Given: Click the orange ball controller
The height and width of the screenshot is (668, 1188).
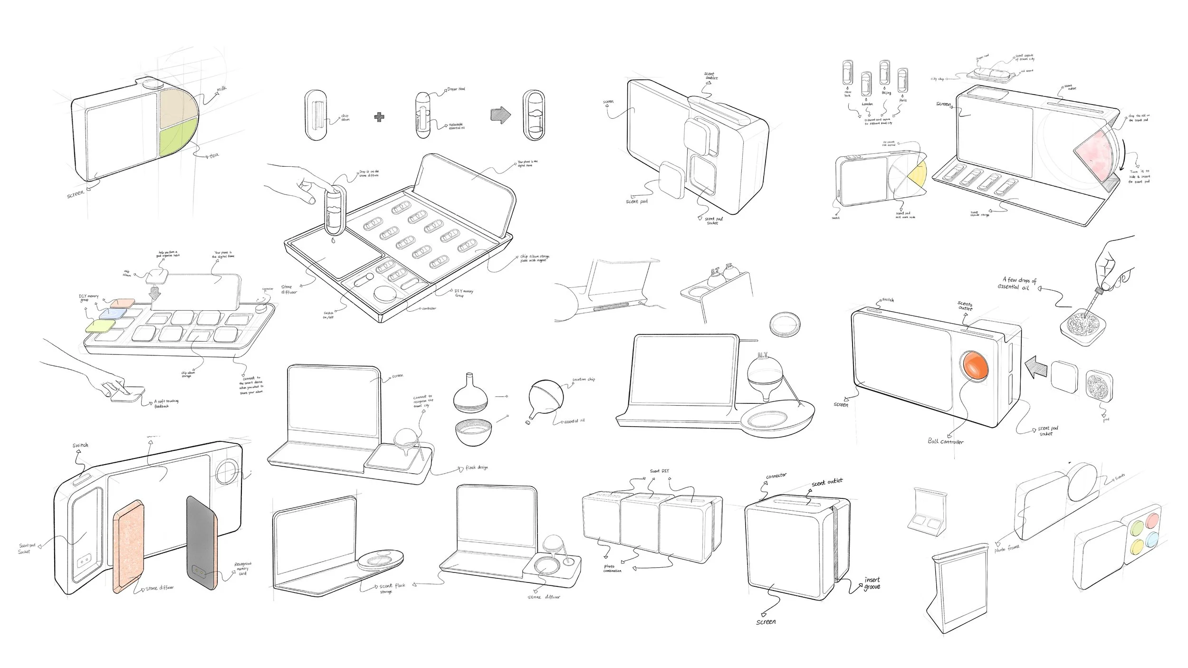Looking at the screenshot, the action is tap(975, 367).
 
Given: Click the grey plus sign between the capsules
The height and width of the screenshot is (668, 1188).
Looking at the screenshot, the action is tap(379, 117).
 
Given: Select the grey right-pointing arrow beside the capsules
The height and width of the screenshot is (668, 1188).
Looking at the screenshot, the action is tap(500, 114).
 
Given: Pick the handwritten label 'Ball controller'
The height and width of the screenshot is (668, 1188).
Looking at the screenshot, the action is tap(946, 441).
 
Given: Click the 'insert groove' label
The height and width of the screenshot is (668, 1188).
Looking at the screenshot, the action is tap(872, 583).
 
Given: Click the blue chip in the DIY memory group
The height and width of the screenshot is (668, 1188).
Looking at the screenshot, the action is tap(112, 314).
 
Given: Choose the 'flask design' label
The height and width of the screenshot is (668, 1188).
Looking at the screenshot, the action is tap(476, 468).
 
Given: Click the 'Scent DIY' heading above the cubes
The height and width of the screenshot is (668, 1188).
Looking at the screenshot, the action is tap(660, 471).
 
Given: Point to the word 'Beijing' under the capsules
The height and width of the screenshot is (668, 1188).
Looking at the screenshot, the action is tap(886, 93).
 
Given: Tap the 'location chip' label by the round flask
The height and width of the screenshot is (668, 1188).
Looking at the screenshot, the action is tap(584, 379).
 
